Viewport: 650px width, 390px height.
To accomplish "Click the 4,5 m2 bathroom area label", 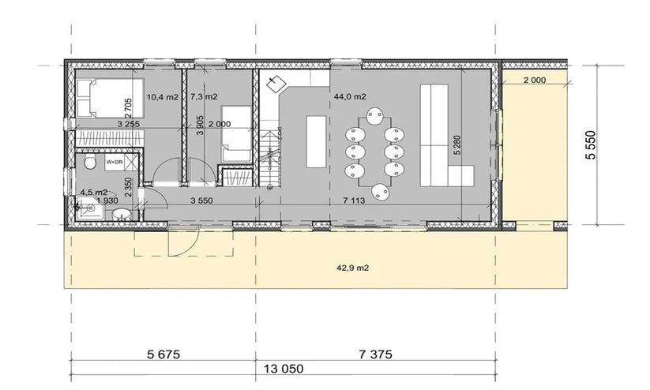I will pyautogui.click(x=93, y=192).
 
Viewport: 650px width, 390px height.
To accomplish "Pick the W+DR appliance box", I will pyautogui.click(x=115, y=163).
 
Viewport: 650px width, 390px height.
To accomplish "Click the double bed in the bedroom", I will pyautogui.click(x=110, y=100).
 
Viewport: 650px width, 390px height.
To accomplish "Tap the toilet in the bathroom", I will pyautogui.click(x=88, y=163).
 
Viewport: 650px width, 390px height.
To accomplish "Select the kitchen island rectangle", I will pyautogui.click(x=314, y=141).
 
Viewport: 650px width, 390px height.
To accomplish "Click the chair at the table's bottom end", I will pyautogui.click(x=381, y=190).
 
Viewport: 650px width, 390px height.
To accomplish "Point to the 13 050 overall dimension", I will pyautogui.click(x=281, y=369).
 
